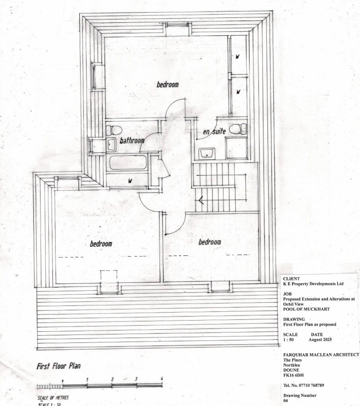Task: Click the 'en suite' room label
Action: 214,131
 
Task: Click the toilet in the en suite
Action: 239,128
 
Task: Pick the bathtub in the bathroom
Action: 127,162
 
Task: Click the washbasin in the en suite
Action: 207,153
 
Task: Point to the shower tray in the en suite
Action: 236,148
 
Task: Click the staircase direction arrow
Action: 201,200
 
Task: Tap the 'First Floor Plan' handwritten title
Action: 58,366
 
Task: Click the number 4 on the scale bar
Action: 162,379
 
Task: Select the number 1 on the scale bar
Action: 87,379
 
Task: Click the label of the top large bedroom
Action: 167,85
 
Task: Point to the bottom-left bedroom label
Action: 101,244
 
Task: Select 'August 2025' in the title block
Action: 320,340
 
